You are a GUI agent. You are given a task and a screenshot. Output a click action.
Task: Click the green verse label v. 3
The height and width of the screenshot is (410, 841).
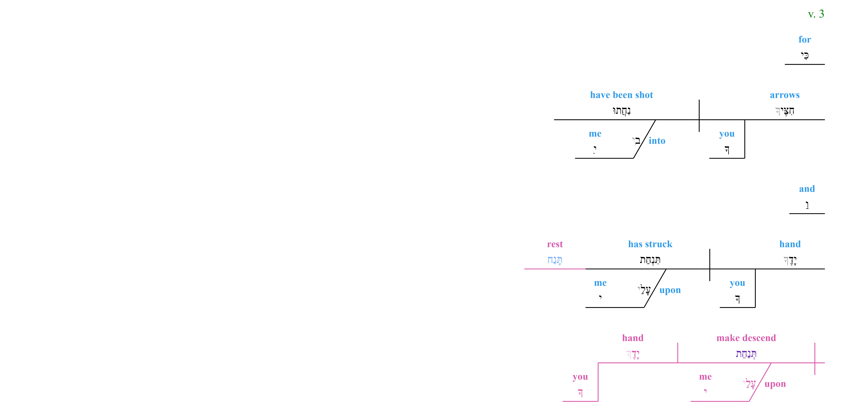coord(816,14)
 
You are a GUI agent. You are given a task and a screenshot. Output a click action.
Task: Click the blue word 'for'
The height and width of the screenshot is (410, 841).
coord(805,40)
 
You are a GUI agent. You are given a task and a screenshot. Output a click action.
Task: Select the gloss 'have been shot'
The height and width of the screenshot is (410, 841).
coord(622,95)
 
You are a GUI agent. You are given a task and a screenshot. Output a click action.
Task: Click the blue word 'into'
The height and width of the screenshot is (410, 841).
coord(657,141)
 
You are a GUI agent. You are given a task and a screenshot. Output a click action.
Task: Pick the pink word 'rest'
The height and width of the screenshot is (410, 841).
coord(555,244)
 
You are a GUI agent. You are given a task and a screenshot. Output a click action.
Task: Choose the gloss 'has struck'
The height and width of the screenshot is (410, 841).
coord(650,244)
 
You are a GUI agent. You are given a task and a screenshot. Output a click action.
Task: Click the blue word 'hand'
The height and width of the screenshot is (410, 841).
coord(790,244)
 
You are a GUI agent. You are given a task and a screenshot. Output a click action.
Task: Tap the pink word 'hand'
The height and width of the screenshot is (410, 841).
coord(633,338)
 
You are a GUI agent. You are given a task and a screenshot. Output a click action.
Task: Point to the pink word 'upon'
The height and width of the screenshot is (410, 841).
coord(775,384)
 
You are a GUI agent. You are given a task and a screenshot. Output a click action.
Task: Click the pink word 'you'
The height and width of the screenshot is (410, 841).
coord(580,377)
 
